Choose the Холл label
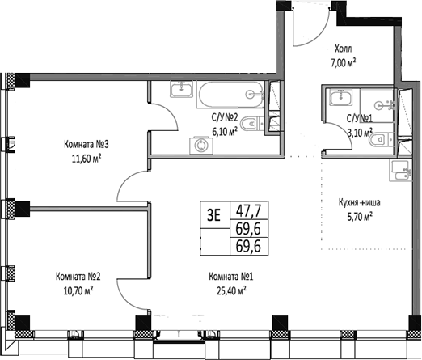click(344, 48)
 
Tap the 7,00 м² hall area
click(344, 61)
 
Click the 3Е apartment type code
click(214, 215)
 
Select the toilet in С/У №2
click(254, 125)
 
